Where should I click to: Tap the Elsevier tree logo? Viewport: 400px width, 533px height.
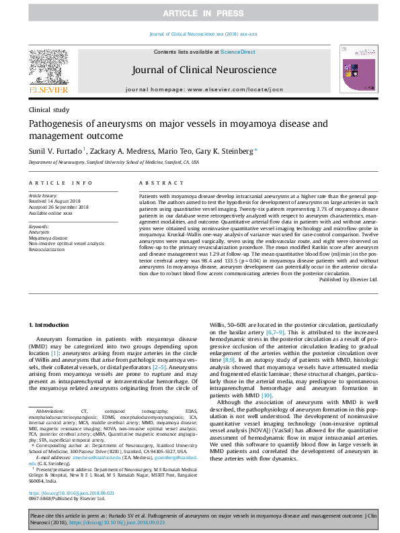tap(48, 68)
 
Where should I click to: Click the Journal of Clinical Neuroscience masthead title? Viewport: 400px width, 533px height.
tap(204, 70)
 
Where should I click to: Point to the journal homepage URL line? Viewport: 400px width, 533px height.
tap(204, 90)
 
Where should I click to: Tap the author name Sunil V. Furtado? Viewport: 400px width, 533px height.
tap(55, 152)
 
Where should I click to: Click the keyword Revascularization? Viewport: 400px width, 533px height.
tap(52, 248)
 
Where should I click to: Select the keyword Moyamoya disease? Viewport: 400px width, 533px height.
tap(52, 238)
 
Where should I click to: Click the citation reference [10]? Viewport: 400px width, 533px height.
tap(266, 396)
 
